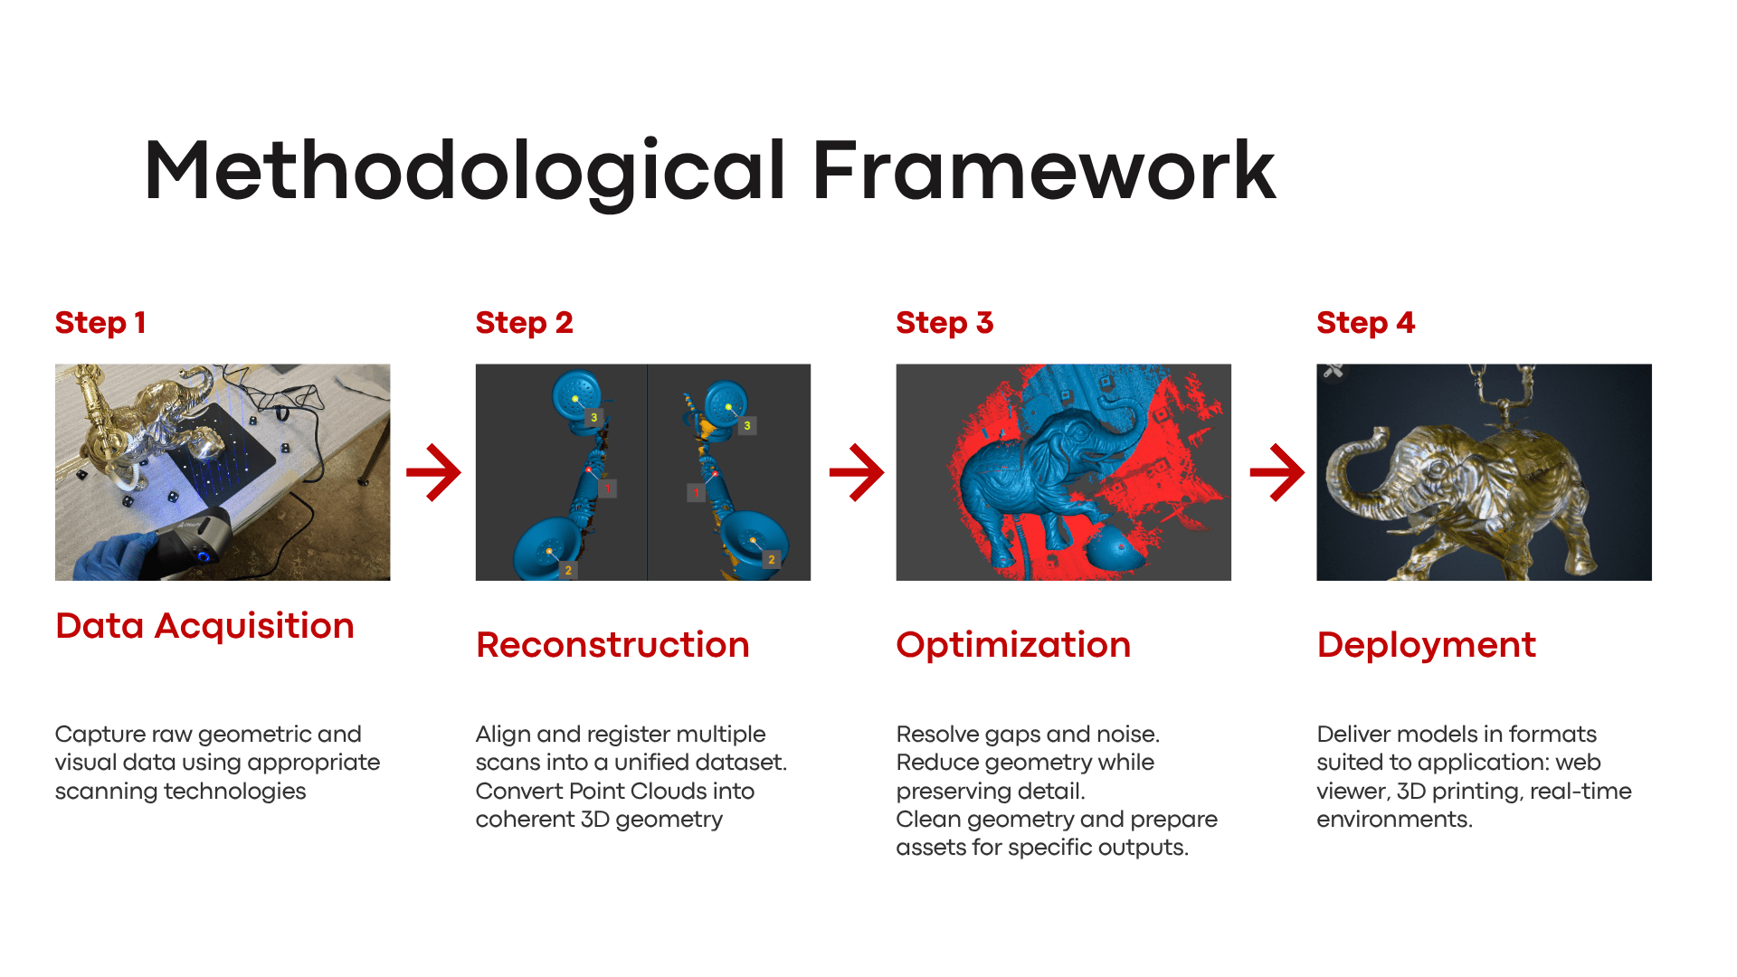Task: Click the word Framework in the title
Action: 1043,171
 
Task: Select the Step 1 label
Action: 100,323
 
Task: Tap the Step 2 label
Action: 524,323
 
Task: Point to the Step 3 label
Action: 944,323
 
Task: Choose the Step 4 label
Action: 1365,323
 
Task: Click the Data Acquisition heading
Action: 204,626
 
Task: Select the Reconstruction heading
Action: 612,645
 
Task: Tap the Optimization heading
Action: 1013,645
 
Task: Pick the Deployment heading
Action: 1426,645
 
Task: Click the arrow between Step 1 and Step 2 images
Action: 434,472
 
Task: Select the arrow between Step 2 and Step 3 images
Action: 857,472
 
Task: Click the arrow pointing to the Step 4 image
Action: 1277,472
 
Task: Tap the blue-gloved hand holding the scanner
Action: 113,554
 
